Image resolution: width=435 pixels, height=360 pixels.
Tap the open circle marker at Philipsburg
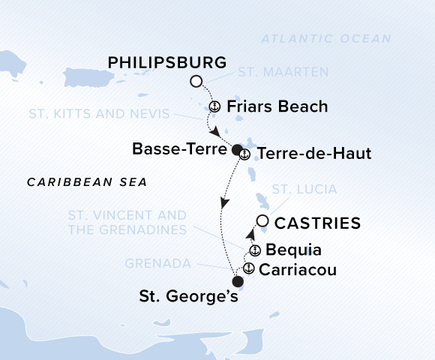(x=196, y=81)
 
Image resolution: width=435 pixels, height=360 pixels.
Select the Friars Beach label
(x=276, y=106)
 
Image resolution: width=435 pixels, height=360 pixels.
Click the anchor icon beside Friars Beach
(x=214, y=106)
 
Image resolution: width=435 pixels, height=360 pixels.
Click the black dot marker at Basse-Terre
(x=237, y=149)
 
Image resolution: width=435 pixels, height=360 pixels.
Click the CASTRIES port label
(x=318, y=223)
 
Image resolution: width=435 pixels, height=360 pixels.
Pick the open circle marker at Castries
(x=262, y=220)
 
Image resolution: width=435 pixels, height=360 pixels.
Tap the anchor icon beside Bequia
(x=255, y=250)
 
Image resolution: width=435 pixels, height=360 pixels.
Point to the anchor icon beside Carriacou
(x=248, y=268)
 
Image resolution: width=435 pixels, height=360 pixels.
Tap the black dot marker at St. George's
(x=238, y=282)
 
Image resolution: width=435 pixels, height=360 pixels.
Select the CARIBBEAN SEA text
(x=86, y=182)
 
